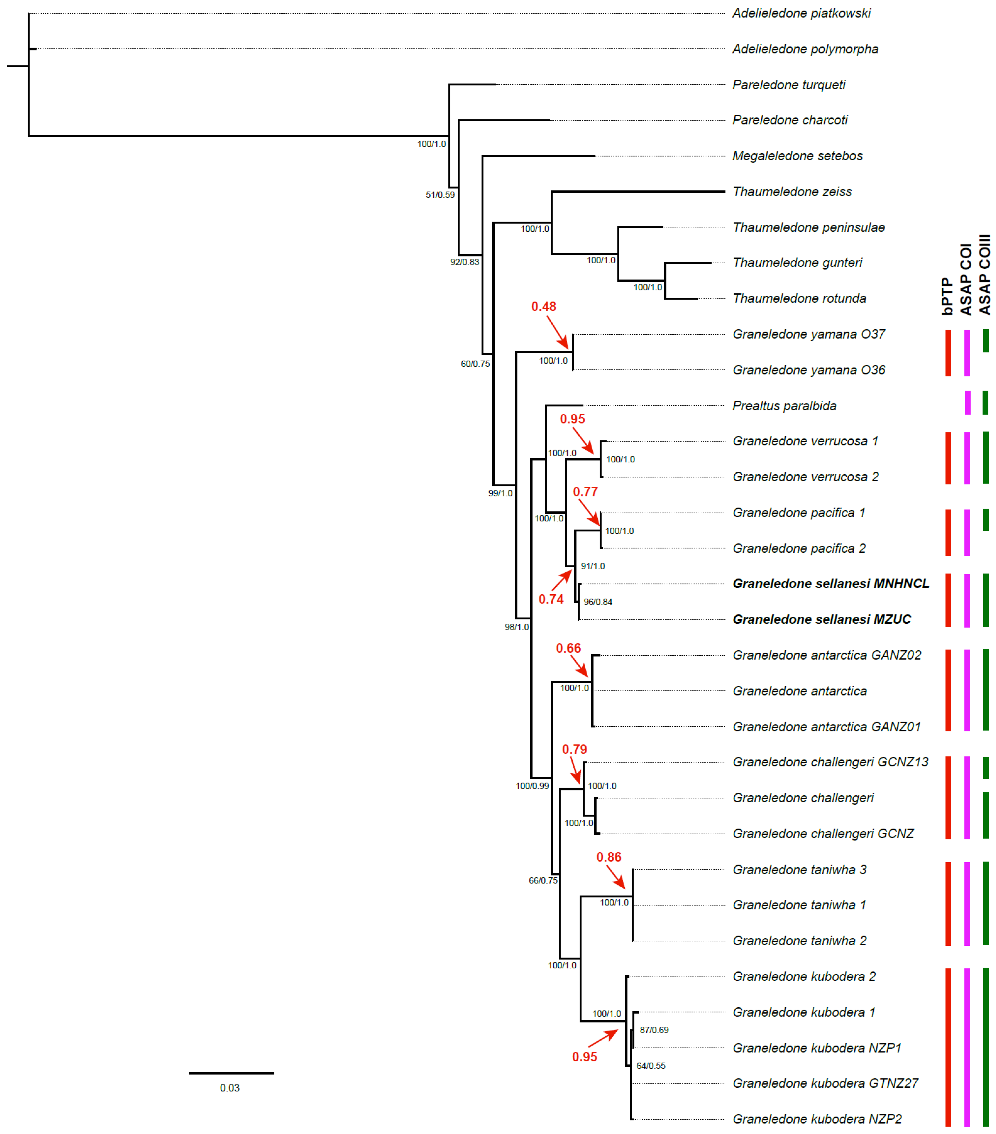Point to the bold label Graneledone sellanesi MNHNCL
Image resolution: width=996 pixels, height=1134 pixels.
point(830,584)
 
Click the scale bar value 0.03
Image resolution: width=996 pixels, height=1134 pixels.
point(230,1088)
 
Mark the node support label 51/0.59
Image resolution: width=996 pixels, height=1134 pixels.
point(440,195)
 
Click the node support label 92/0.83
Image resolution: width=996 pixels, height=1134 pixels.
point(464,262)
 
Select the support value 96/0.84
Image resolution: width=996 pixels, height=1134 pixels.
point(598,602)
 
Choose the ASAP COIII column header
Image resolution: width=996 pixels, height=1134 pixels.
point(985,275)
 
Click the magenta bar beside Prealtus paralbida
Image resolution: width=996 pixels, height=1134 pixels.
point(968,403)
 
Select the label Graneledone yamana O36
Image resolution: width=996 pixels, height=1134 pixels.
point(808,370)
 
